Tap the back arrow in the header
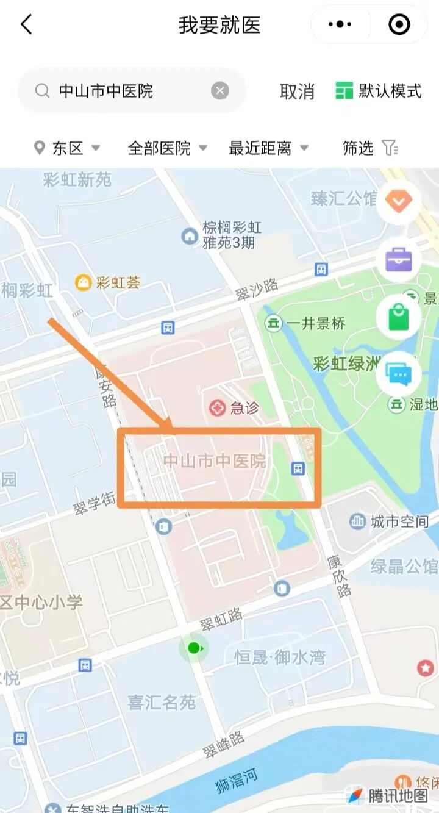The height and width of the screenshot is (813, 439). (26, 25)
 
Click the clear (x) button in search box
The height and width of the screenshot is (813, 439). (220, 91)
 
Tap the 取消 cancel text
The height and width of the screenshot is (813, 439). (297, 91)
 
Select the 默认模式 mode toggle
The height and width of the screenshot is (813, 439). (379, 91)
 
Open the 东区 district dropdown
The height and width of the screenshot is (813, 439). (67, 148)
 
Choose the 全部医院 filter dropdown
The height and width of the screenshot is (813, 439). (167, 148)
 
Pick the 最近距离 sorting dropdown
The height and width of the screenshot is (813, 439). (268, 148)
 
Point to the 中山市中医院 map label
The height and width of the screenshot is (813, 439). (215, 461)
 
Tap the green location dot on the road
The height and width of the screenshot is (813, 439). (194, 648)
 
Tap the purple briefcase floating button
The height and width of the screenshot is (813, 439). (399, 260)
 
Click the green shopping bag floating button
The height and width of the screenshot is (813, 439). (399, 317)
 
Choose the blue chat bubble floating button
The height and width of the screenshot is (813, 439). (399, 373)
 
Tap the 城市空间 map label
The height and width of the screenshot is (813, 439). (399, 521)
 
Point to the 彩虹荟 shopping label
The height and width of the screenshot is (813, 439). (118, 282)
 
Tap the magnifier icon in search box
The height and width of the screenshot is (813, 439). (42, 91)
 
